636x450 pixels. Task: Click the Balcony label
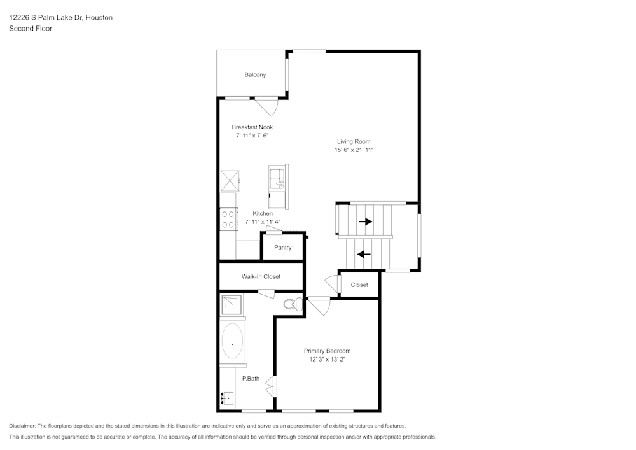coord(255,74)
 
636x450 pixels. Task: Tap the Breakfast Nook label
coord(252,127)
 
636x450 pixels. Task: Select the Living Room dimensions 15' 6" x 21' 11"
coord(354,150)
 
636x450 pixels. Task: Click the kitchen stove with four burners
coord(228,220)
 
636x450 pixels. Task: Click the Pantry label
coord(282,247)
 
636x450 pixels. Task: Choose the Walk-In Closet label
coord(261,277)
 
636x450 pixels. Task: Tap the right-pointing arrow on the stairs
coord(365,221)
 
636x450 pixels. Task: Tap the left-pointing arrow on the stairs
coord(364,254)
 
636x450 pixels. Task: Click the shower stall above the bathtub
coord(232,305)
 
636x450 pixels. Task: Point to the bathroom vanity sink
coord(227,398)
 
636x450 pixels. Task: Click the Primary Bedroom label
coord(327,351)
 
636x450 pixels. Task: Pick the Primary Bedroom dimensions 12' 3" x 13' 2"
coord(327,360)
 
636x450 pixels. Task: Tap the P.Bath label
coord(251,379)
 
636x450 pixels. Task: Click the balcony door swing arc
coord(270,107)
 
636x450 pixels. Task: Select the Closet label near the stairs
coord(359,285)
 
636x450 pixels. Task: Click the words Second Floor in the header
coord(31,29)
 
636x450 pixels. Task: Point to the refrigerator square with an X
coord(230,181)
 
